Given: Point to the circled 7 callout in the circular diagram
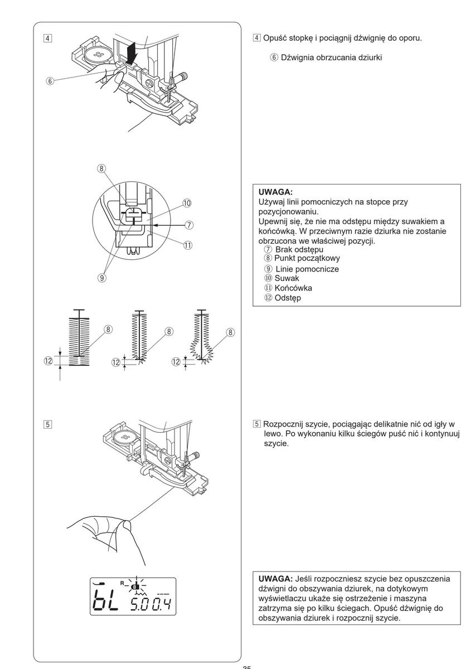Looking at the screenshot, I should pyautogui.click(x=190, y=225).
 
